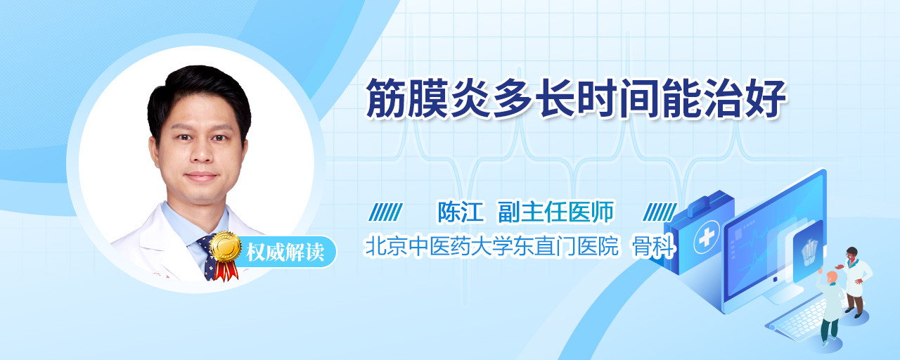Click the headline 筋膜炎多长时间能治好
[575, 98]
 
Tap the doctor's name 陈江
[460, 212]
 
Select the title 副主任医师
[555, 212]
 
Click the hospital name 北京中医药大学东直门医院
[491, 246]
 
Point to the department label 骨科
[654, 246]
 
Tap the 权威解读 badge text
[285, 252]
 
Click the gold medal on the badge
[226, 246]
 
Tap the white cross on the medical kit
[707, 237]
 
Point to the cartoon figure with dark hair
[855, 282]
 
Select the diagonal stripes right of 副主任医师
[660, 212]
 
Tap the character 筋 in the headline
[386, 98]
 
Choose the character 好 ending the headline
[766, 98]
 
